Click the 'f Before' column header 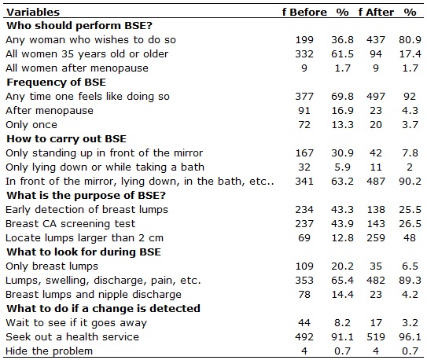[304, 13]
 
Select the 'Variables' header [33, 13]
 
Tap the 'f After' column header [376, 13]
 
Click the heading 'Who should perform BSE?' [79, 26]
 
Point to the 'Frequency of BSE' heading [56, 83]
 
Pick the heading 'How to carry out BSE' [66, 139]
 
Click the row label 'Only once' [31, 125]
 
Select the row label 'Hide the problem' [49, 351]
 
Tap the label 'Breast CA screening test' [70, 224]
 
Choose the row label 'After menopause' [50, 111]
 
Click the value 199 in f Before [304, 40]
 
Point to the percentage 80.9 [410, 40]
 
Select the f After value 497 [376, 97]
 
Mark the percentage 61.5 [342, 54]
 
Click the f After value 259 [376, 238]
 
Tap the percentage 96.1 [410, 337]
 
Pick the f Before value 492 [304, 337]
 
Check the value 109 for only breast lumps [304, 266]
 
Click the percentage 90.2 [410, 182]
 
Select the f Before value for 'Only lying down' [304, 167]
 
